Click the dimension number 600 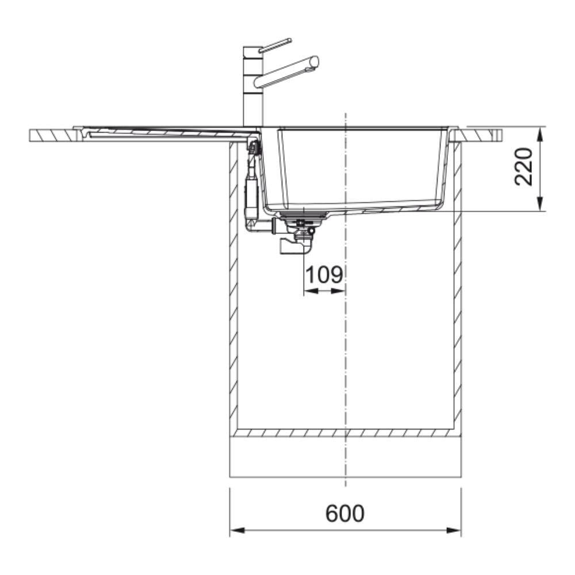pos(344,513)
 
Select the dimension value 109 pos(324,275)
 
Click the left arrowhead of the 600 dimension pos(237,531)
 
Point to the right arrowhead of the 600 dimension pos(453,531)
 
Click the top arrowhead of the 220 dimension pos(540,134)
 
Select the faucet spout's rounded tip pos(315,62)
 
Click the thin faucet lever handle pos(275,45)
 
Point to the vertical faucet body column pos(253,87)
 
